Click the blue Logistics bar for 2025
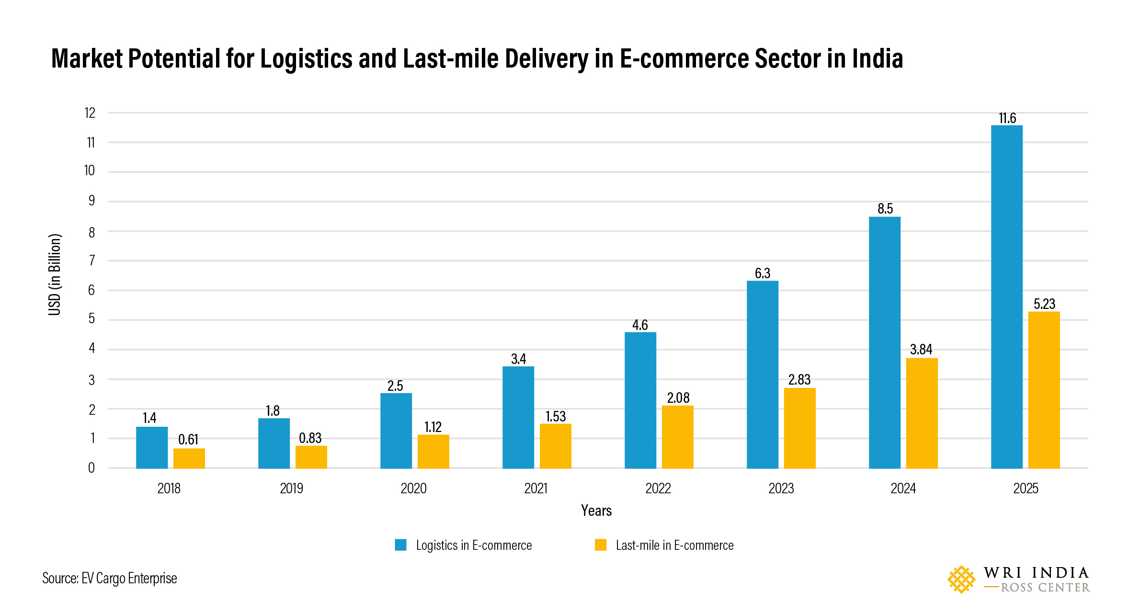pos(1006,297)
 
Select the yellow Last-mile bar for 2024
pos(922,413)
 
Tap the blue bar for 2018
pos(152,447)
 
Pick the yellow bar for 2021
pos(555,446)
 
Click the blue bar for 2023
pos(762,375)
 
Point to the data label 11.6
pos(1007,118)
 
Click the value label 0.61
pos(188,439)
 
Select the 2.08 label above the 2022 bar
pos(678,398)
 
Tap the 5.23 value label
pos(1044,304)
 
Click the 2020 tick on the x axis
pos(413,489)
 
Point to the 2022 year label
pos(658,489)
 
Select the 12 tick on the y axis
pos(90,113)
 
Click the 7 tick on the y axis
pos(92,261)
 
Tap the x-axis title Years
pos(596,511)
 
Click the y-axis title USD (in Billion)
pos(55,274)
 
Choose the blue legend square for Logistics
pos(400,545)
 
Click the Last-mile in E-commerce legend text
pos(674,546)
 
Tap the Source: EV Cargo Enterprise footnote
pos(110,579)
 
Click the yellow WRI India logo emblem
pos(961,580)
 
